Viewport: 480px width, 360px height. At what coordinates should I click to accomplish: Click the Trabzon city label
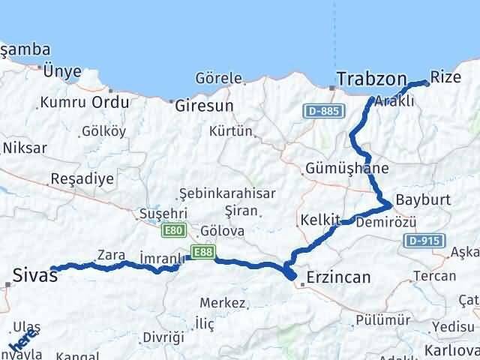coord(372,78)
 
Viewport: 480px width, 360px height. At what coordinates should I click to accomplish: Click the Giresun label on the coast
coord(204,106)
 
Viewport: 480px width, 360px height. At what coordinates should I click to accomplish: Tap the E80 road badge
coord(174,230)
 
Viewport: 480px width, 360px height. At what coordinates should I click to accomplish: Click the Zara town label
coord(111,255)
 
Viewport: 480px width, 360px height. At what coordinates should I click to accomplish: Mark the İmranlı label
coord(162,259)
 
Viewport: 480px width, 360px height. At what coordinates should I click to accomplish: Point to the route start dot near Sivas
coord(52,268)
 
